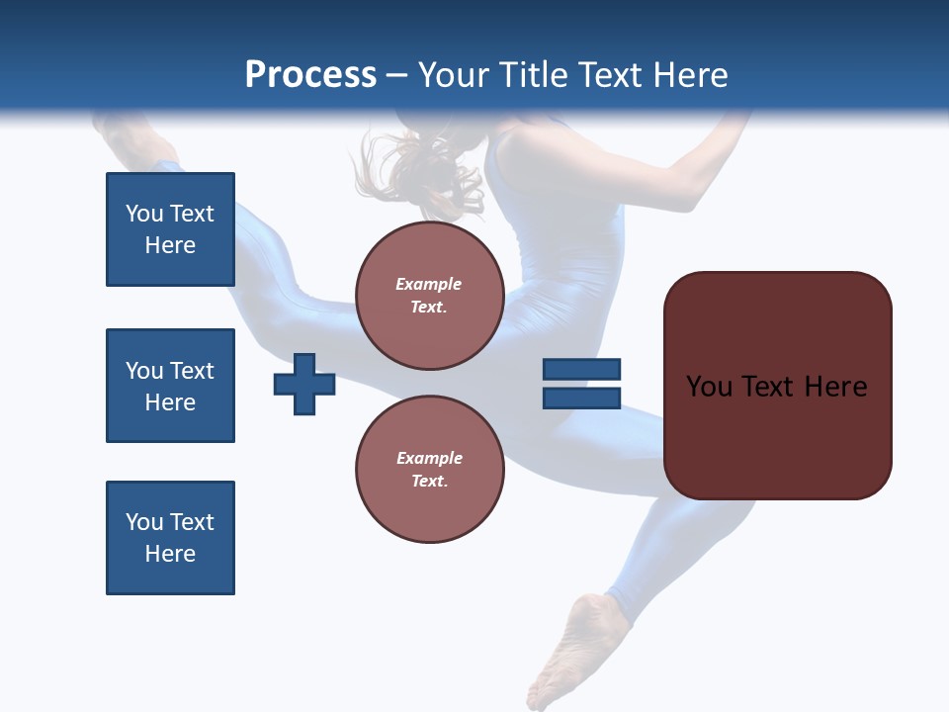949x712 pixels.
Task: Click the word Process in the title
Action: coord(310,75)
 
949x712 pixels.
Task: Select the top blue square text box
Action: coord(170,229)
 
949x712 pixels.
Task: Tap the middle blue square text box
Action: coord(170,386)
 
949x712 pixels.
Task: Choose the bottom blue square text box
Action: coord(170,538)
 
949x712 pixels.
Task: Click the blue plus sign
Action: coord(304,384)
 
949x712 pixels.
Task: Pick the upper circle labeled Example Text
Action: coord(429,296)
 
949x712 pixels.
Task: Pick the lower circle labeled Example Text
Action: coord(429,470)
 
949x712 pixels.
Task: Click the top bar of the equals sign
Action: coord(581,369)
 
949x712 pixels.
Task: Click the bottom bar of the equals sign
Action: coord(581,399)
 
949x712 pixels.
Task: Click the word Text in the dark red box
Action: coord(769,387)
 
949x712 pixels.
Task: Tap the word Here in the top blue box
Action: coord(170,245)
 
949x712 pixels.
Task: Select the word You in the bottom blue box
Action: coord(143,522)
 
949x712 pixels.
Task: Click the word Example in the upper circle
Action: coord(429,284)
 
